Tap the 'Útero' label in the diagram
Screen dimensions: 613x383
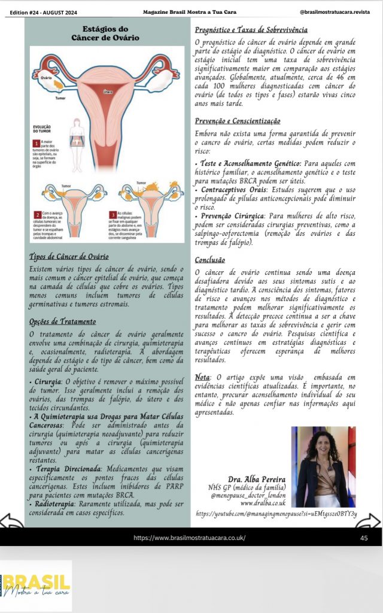pos(108,92)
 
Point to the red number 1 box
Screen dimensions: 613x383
pos(36,144)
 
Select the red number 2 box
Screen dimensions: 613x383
pos(37,213)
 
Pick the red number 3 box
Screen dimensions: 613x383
pos(113,213)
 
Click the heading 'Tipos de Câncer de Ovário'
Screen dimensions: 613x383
pos(69,256)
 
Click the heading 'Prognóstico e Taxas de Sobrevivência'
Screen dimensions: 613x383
pos(251,29)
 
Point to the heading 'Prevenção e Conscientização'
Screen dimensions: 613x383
pos(238,120)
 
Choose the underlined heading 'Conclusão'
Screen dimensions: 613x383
pos(210,260)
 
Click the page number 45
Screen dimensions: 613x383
pos(364,538)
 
